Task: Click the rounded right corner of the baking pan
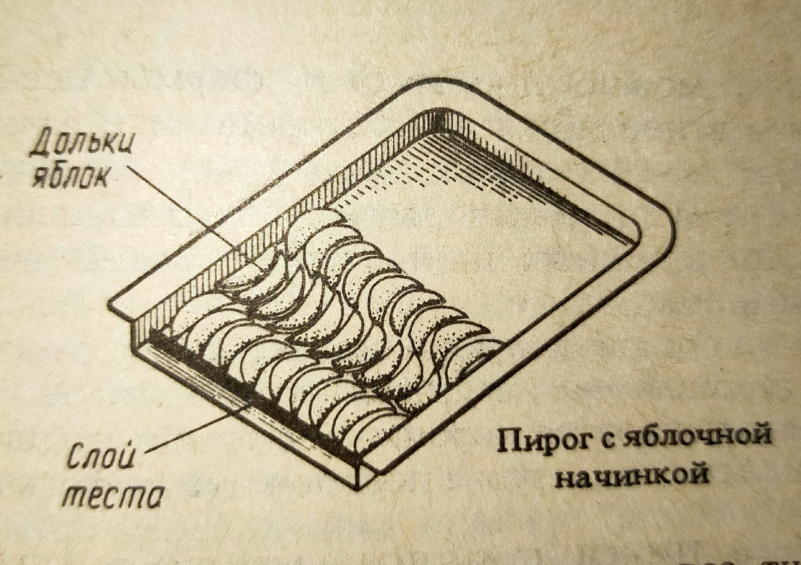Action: tap(661, 230)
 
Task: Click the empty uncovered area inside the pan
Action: tap(494, 247)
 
